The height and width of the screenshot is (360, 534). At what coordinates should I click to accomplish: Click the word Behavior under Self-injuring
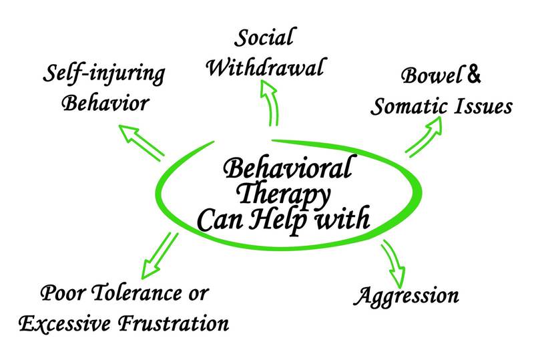point(104,104)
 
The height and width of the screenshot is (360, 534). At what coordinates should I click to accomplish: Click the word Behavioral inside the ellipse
point(287,170)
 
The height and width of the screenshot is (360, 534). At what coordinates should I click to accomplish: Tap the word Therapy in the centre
point(289,195)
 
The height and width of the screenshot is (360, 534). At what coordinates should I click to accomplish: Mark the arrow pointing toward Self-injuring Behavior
point(144,142)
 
